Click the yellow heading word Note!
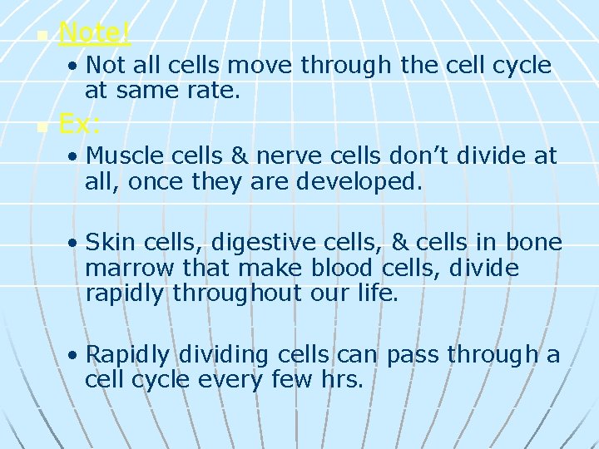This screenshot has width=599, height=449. click(95, 33)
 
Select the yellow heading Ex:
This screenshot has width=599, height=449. click(80, 126)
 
